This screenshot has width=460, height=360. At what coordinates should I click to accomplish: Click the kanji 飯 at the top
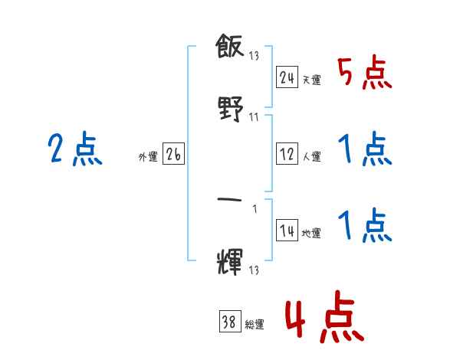pyautogui.click(x=230, y=49)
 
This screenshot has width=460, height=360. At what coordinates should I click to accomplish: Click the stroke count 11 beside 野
pyautogui.click(x=254, y=117)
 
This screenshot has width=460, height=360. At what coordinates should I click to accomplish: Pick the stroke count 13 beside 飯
pyautogui.click(x=254, y=57)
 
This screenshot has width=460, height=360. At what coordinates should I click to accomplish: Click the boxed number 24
pyautogui.click(x=287, y=77)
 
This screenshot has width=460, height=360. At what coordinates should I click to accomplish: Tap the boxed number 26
pyautogui.click(x=173, y=155)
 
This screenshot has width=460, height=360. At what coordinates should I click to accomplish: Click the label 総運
pyautogui.click(x=255, y=325)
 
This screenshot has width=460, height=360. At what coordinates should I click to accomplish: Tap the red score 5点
pyautogui.click(x=364, y=74)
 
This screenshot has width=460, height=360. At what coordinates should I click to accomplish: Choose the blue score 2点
pyautogui.click(x=74, y=149)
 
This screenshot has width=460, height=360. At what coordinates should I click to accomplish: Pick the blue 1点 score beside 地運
pyautogui.click(x=364, y=227)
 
